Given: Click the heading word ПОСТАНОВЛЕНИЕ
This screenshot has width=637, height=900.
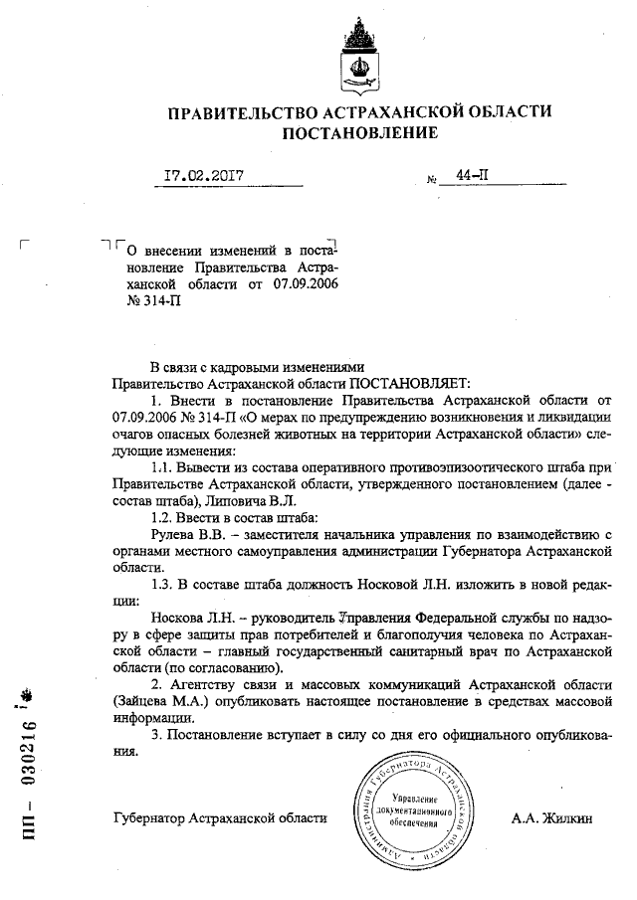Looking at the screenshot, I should pos(359,133).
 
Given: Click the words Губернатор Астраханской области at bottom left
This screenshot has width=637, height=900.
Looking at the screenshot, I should pos(221,818).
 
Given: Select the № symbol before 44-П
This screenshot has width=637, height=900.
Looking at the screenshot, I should pos(432,180).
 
